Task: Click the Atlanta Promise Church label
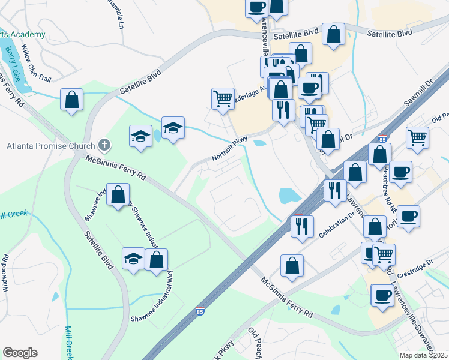tap(50, 146)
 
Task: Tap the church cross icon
tap(104, 145)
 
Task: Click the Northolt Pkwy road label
tap(229, 149)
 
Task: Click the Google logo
tap(20, 353)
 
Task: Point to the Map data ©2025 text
tap(424, 355)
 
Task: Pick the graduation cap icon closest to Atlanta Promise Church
tap(140, 135)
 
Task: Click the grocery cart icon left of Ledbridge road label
tap(223, 97)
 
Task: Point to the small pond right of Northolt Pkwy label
tap(260, 143)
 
